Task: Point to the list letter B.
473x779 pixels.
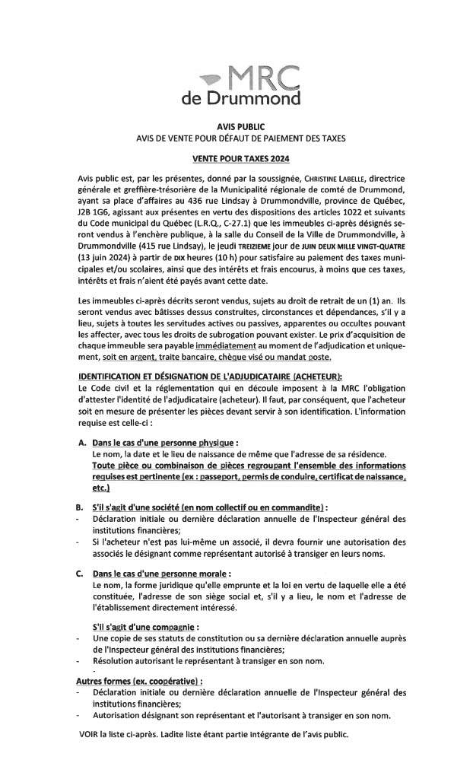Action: pyautogui.click(x=81, y=506)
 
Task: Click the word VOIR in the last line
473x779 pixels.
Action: pyautogui.click(x=90, y=734)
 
